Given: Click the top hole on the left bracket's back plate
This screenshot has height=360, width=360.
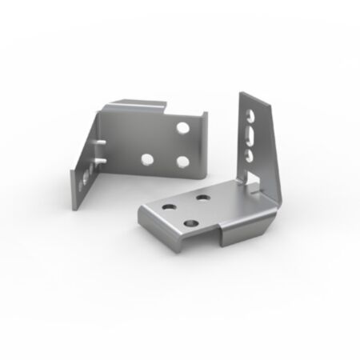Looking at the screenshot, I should (183, 127).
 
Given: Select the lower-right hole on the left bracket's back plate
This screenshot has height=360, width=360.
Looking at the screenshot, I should (183, 162).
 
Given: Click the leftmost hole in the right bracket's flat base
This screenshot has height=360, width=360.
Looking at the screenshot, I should (169, 206).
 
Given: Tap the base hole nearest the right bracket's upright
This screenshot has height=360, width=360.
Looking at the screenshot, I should (202, 196).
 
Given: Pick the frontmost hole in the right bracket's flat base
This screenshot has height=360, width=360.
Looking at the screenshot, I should (190, 220).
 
